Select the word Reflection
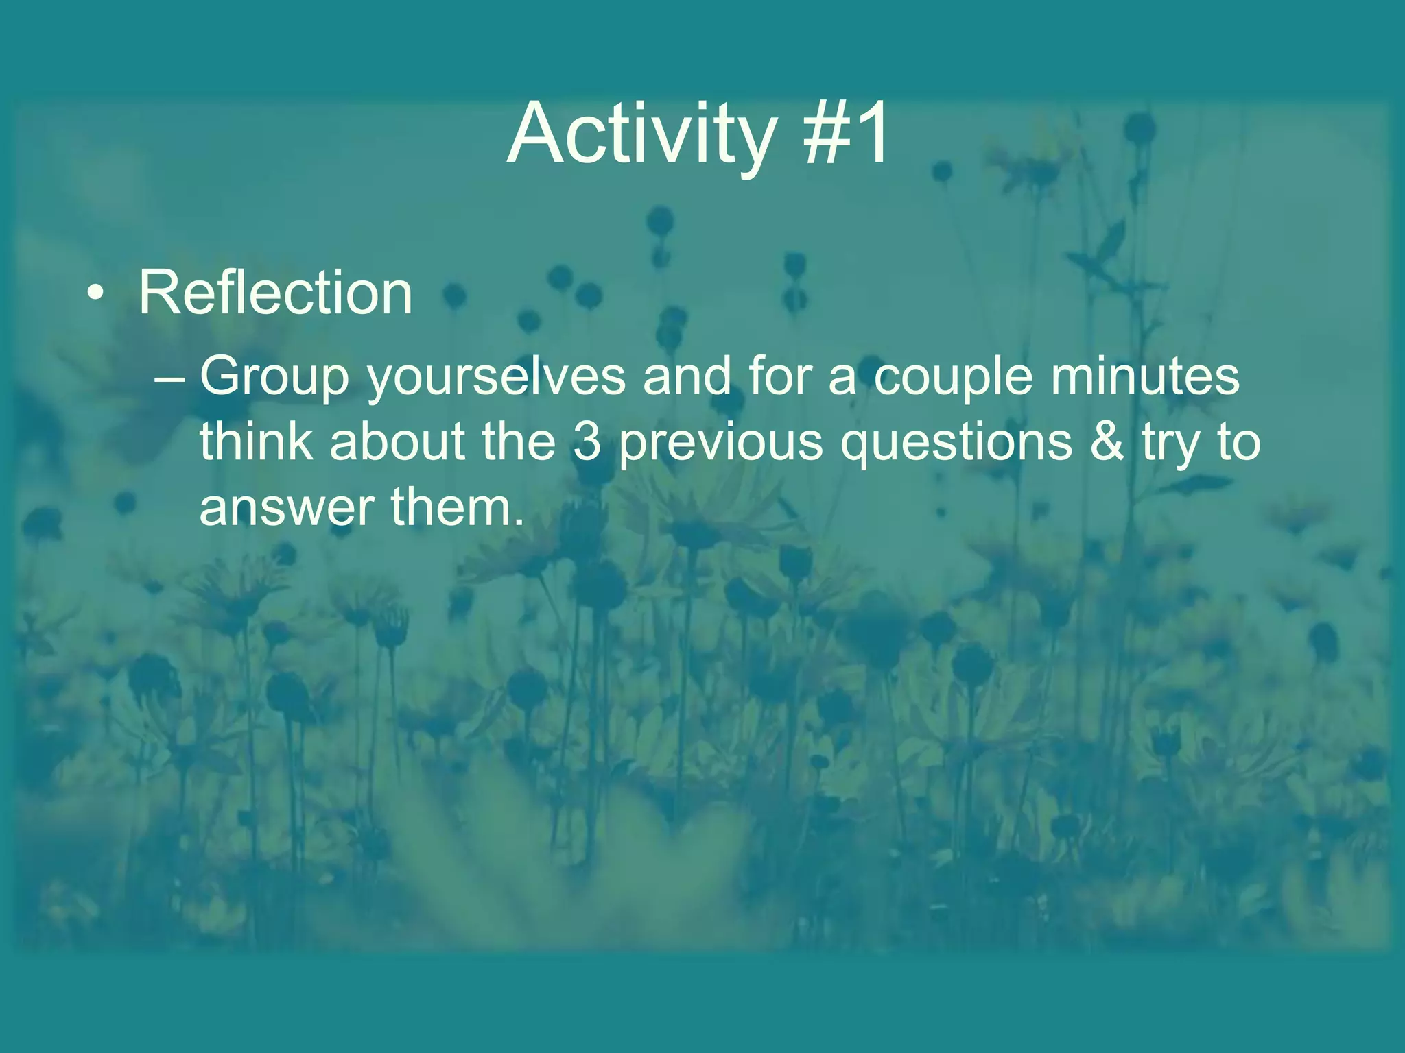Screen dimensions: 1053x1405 [276, 293]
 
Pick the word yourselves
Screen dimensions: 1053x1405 [497, 377]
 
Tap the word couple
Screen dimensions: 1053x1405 [954, 377]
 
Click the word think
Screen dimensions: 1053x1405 [256, 441]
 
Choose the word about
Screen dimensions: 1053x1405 [397, 441]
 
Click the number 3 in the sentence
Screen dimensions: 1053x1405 [587, 442]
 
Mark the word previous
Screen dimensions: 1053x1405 [720, 443]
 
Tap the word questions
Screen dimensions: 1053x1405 [956, 443]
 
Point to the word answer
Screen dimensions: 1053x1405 [286, 509]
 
